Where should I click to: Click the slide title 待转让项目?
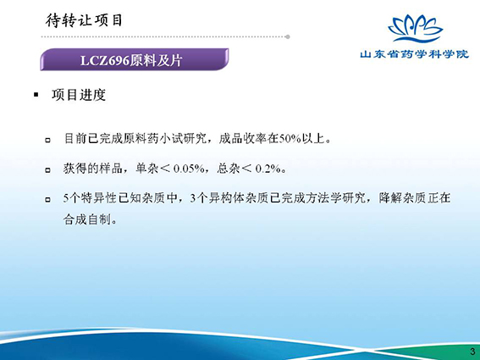84,20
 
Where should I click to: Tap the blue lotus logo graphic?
415,29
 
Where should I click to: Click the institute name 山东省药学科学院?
415,54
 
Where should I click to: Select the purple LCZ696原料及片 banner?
135,59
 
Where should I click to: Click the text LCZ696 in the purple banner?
105,60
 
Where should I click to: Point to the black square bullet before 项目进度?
36,95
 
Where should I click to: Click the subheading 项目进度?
79,95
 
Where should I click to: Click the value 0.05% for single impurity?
189,169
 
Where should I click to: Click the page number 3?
472,352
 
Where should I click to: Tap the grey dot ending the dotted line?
288,36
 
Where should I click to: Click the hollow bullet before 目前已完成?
47,141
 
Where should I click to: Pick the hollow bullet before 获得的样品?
47,170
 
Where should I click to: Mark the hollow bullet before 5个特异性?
47,200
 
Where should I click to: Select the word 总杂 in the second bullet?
228,169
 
